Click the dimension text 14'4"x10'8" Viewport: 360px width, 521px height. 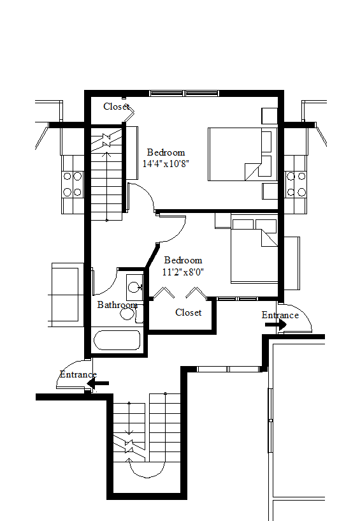click(x=166, y=163)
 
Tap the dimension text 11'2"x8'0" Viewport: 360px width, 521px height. click(x=183, y=272)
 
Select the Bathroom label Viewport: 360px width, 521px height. click(x=117, y=305)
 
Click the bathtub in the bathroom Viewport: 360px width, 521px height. click(x=117, y=340)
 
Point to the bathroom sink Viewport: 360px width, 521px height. click(x=134, y=287)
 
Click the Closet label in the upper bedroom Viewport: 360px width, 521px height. click(x=117, y=106)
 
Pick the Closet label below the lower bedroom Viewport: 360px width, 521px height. click(x=188, y=312)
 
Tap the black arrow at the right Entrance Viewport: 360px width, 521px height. click(x=275, y=325)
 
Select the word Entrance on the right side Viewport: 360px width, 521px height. click(x=280, y=315)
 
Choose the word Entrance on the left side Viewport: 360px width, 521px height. click(x=78, y=374)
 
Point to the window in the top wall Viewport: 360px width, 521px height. click(x=184, y=93)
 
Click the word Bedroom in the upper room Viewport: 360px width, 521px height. click(x=166, y=152)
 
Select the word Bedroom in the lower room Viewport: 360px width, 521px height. click(x=183, y=260)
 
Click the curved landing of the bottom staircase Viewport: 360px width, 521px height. click(x=147, y=469)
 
